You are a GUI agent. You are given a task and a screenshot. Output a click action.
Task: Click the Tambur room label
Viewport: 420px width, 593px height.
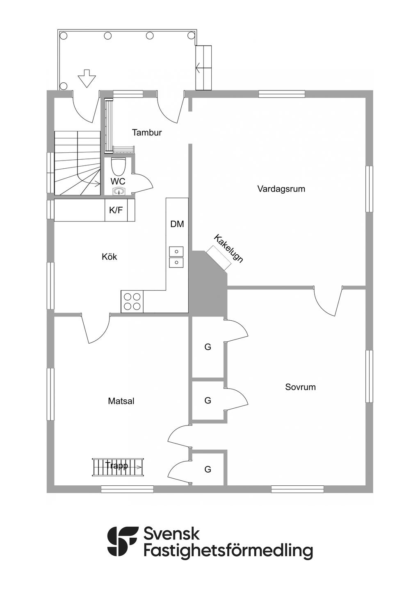pyautogui.click(x=147, y=133)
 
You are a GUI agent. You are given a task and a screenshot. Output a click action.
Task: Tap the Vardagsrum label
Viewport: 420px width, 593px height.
pyautogui.click(x=281, y=189)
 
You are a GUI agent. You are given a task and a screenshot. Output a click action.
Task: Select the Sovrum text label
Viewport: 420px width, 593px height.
pyautogui.click(x=300, y=387)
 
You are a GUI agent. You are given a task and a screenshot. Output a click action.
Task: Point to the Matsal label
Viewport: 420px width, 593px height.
pyautogui.click(x=121, y=401)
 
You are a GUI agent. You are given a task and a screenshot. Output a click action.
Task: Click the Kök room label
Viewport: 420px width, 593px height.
pyautogui.click(x=110, y=257)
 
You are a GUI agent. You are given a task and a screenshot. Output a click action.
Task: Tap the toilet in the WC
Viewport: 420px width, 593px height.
pyautogui.click(x=118, y=167)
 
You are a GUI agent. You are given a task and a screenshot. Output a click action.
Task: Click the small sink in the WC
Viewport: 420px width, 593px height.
pyautogui.click(x=119, y=191)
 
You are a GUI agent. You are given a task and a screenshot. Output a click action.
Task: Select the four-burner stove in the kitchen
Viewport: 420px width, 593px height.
pyautogui.click(x=132, y=301)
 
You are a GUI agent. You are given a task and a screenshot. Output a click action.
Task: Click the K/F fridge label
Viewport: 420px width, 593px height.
pyautogui.click(x=116, y=210)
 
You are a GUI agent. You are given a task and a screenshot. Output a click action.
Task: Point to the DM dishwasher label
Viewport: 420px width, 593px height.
pyautogui.click(x=177, y=224)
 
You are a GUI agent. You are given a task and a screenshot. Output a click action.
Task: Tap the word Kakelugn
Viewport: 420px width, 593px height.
pyautogui.click(x=228, y=248)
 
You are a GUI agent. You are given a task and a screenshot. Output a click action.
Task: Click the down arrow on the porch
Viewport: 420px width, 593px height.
pyautogui.click(x=86, y=79)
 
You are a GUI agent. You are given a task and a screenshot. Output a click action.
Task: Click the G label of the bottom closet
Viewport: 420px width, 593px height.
pyautogui.click(x=208, y=470)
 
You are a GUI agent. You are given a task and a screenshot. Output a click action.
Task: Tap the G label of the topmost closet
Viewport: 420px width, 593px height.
pyautogui.click(x=208, y=347)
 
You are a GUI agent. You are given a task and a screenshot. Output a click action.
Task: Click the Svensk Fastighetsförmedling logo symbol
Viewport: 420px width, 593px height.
pyautogui.click(x=122, y=541)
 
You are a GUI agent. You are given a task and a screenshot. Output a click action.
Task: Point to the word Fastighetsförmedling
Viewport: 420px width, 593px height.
pyautogui.click(x=228, y=550)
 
